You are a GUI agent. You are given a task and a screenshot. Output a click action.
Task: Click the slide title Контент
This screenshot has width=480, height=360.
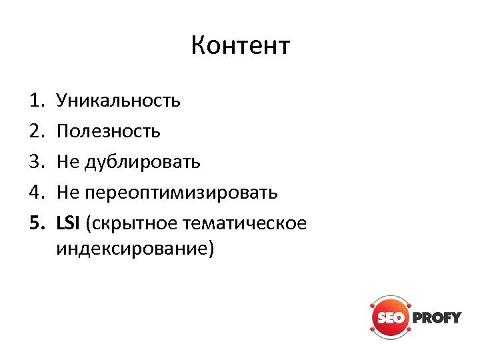point(240,47)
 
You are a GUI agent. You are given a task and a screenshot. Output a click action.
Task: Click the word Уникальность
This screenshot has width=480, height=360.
point(118,101)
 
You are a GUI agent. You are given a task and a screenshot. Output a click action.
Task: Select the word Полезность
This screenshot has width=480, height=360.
point(108,131)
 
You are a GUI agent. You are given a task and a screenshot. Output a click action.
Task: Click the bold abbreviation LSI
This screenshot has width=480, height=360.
point(68,223)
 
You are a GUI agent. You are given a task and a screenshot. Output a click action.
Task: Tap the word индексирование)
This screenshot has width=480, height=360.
point(136,249)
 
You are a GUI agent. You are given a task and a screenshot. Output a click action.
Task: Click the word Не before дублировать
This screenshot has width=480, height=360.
point(69,162)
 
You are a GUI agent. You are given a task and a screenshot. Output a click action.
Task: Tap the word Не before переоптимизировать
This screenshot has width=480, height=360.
point(69,193)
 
